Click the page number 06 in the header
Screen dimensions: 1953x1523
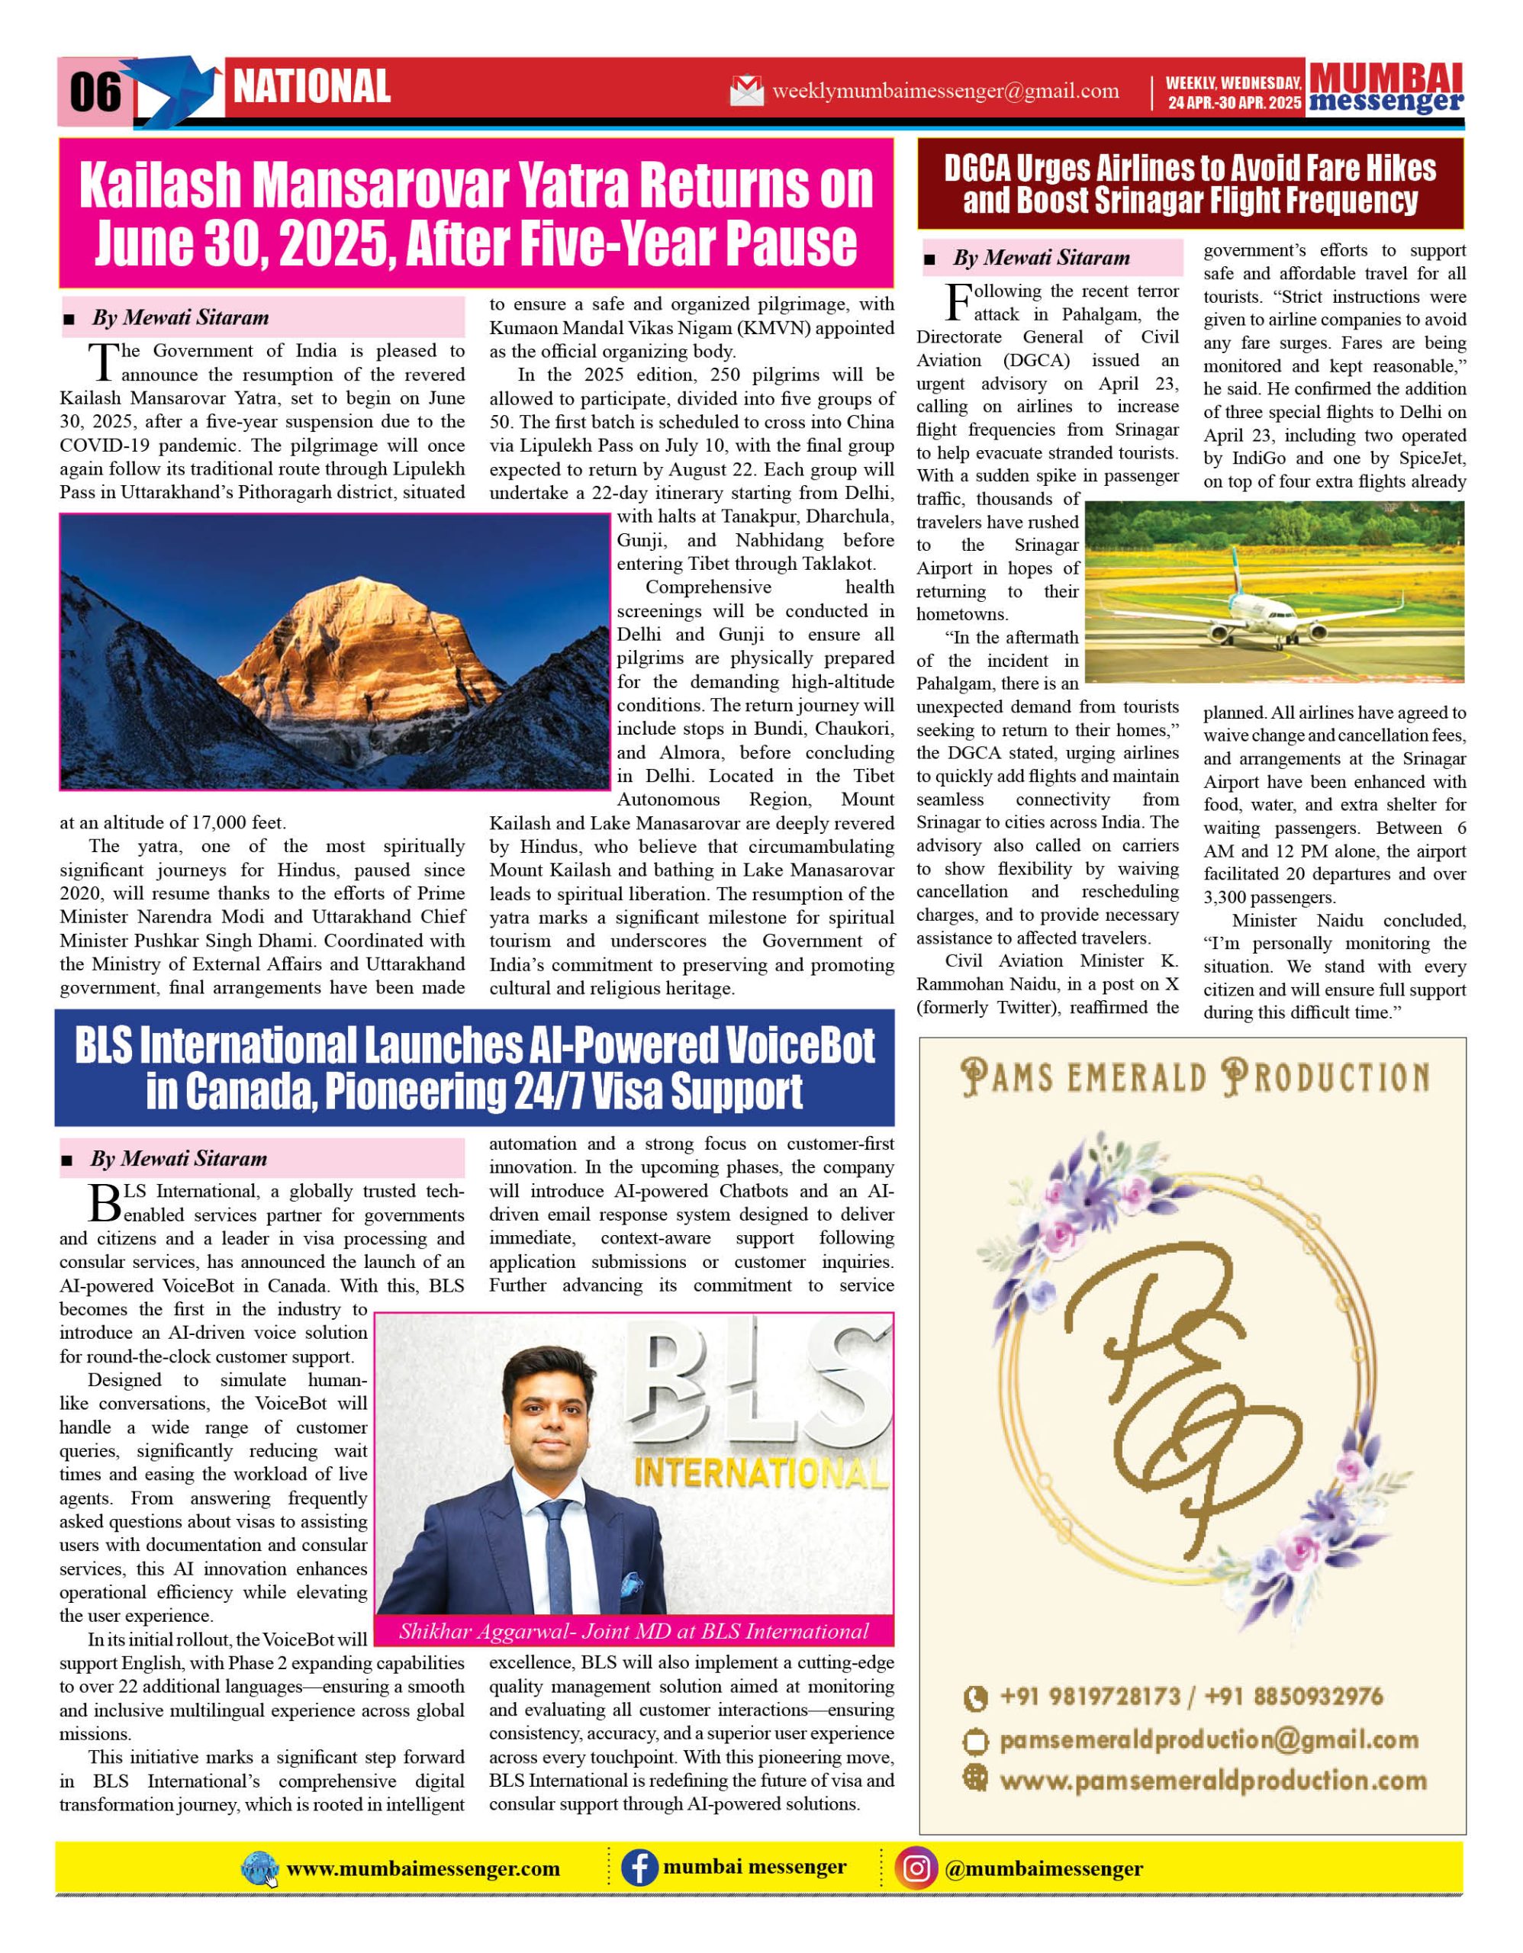pyautogui.click(x=95, y=92)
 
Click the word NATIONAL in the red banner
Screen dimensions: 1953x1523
pyautogui.click(x=311, y=87)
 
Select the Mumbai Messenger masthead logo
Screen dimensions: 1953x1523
pyautogui.click(x=1386, y=88)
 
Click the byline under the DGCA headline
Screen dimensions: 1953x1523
pyautogui.click(x=1041, y=259)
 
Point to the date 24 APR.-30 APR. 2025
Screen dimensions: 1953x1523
pyautogui.click(x=1233, y=103)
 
